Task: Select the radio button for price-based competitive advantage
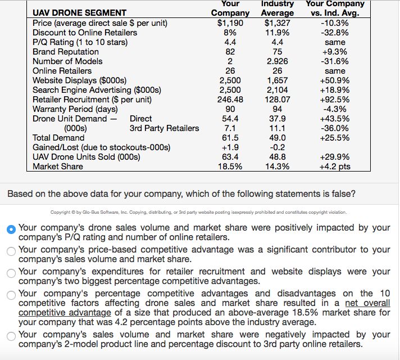(x=11, y=251)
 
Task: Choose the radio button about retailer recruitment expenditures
(x=11, y=273)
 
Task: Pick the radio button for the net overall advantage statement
(x=11, y=294)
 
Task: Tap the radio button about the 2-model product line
(x=11, y=336)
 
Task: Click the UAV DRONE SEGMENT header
(x=79, y=13)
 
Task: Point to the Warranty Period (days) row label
(x=75, y=109)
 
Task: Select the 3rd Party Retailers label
(x=164, y=128)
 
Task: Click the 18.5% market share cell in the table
(x=230, y=166)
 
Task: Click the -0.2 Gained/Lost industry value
(x=278, y=147)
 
